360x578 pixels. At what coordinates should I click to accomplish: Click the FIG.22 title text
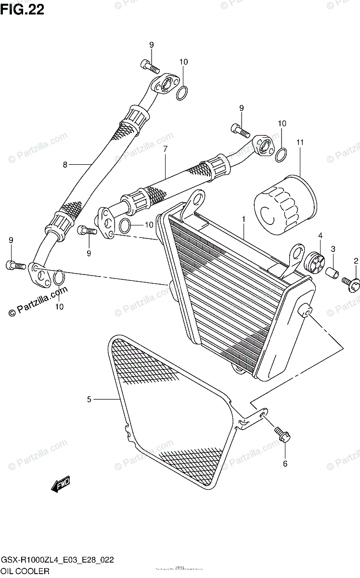click(x=23, y=10)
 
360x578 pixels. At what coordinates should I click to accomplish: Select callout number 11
click(x=300, y=142)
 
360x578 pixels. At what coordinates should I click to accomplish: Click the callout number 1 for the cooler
click(x=244, y=219)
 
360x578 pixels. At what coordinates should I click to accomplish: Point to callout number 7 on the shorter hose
click(x=165, y=149)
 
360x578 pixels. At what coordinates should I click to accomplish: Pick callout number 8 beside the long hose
click(x=65, y=165)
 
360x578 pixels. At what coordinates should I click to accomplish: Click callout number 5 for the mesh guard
click(x=89, y=399)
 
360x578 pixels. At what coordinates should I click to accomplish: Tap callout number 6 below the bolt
click(x=284, y=464)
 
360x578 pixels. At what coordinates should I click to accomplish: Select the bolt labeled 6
click(x=282, y=434)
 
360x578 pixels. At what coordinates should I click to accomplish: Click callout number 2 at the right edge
click(x=356, y=261)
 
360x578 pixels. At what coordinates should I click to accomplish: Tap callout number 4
click(x=320, y=236)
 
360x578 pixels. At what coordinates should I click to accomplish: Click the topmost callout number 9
click(x=151, y=45)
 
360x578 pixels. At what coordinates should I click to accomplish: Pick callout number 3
click(x=333, y=249)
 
